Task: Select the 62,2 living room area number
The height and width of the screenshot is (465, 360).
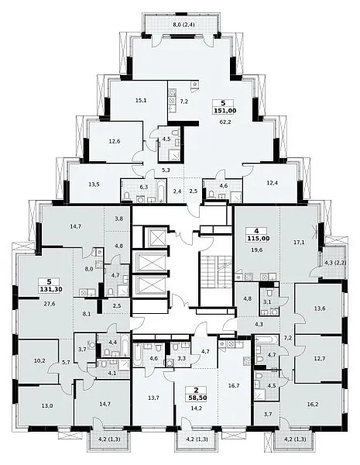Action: pos(225,122)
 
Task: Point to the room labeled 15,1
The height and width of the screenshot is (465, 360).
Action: pos(141,100)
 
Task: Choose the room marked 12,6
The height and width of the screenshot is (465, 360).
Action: pos(115,141)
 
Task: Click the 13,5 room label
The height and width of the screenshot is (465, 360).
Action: pos(94,184)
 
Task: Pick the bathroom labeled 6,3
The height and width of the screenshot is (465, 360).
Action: pos(144,187)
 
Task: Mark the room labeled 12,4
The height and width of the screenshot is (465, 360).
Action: pos(273,183)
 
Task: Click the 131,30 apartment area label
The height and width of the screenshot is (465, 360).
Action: pos(50,289)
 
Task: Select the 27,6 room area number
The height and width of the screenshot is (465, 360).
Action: pos(50,304)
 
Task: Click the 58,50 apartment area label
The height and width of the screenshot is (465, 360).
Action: pos(196,398)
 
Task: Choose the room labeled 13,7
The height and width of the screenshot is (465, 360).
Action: pos(153,398)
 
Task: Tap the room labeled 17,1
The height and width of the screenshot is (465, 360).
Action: pos(300,243)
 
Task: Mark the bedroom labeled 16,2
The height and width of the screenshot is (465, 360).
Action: pos(313,404)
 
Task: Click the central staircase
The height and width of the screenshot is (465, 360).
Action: pos(215,271)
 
